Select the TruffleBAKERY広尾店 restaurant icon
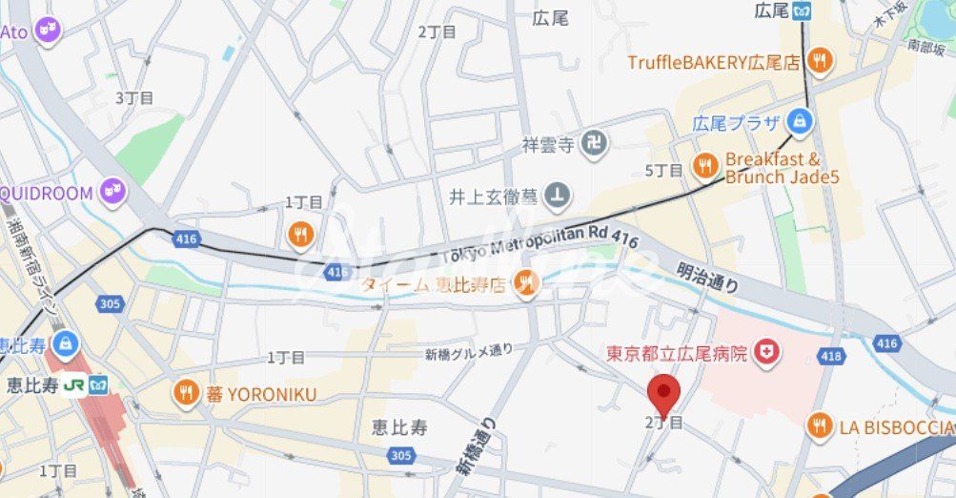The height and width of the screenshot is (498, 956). point(818,62)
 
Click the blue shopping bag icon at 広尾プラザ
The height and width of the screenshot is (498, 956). point(800,122)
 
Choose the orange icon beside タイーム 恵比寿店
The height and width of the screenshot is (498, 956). point(525,282)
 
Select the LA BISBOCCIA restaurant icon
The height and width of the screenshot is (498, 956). point(819,426)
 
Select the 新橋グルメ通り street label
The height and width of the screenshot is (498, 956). point(469,352)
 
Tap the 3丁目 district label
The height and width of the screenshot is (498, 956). point(133,97)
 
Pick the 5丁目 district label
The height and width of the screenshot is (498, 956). point(663,171)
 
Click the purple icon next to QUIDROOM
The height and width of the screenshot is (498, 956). point(115,193)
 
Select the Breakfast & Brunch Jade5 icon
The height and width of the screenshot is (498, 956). point(705,166)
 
